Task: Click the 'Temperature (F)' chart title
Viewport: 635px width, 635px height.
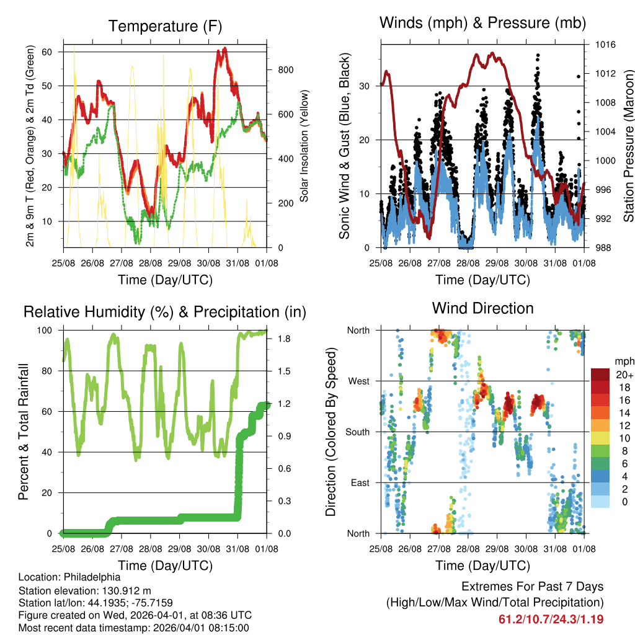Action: (165, 26)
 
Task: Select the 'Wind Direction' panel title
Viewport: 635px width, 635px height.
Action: (482, 308)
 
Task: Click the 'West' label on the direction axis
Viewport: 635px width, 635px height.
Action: (358, 381)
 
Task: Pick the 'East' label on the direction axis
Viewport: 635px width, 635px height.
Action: (359, 482)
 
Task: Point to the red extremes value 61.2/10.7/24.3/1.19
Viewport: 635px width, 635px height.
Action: (551, 619)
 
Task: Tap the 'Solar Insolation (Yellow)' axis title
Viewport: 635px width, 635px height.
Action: (304, 145)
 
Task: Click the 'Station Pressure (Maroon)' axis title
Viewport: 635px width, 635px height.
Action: (628, 145)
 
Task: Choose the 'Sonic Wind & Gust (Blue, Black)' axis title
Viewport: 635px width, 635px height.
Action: (345, 145)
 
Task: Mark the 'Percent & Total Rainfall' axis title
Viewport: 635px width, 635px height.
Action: (24, 432)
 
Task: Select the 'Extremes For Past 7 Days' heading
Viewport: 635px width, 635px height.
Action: (532, 587)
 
